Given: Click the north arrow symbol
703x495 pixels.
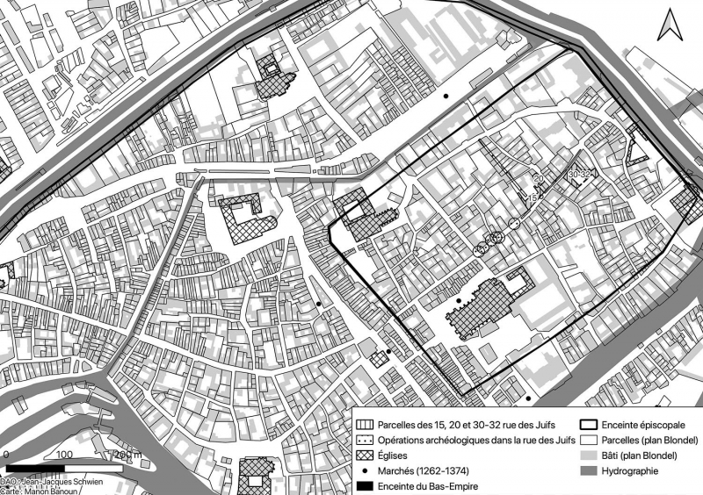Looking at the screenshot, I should pyautogui.click(x=670, y=26).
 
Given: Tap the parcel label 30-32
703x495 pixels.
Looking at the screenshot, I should pyautogui.click(x=579, y=175).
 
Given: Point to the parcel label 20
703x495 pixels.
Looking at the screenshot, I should pyautogui.click(x=539, y=178).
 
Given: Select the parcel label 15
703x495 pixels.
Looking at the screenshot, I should pyautogui.click(x=532, y=198).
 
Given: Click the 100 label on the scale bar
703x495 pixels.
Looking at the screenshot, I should pyautogui.click(x=64, y=456).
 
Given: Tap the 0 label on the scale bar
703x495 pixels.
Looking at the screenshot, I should pyautogui.click(x=7, y=456).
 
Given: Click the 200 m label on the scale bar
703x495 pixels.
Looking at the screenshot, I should pyautogui.click(x=127, y=456).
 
